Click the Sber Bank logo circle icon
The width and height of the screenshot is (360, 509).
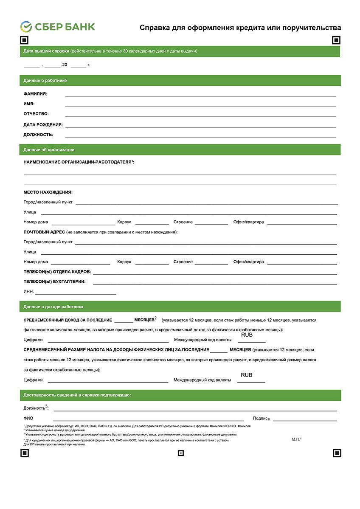26,27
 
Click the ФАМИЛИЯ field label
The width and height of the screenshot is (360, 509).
35,94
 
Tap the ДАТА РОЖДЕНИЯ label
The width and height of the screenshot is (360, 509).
43,125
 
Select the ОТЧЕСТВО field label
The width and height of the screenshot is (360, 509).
36,114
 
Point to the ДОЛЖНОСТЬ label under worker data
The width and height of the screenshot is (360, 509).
38,135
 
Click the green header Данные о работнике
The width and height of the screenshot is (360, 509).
45,80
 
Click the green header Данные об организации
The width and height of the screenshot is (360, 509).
49,149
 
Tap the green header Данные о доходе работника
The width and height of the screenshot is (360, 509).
53,307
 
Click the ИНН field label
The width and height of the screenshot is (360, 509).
28,292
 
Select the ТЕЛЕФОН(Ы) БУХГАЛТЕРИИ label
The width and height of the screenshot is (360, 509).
54,281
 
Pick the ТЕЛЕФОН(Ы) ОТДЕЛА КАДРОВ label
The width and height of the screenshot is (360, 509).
57,272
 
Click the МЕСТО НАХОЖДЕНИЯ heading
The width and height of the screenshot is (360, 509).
48,192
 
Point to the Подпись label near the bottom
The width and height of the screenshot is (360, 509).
261,418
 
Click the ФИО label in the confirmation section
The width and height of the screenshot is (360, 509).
28,418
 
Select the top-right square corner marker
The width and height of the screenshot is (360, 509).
336,40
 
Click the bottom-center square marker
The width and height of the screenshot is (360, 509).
180,453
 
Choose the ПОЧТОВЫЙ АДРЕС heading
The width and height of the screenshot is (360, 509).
44,232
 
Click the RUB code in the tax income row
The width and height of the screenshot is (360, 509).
246,375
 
